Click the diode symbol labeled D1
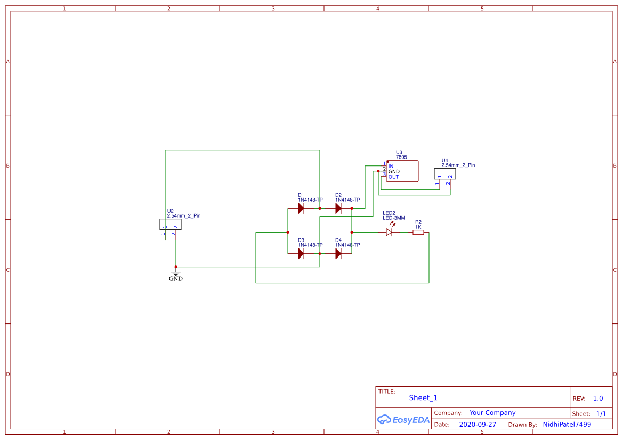pos(301,209)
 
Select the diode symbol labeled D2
pos(338,209)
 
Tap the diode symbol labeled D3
pos(301,254)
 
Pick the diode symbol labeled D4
pos(338,254)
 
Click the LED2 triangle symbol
pos(389,232)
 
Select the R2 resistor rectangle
pos(418,232)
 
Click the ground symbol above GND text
pos(175,272)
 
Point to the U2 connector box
pos(171,225)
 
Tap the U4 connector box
pos(445,173)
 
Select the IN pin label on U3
pos(391,167)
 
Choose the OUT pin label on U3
pos(393,177)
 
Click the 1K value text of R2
pos(418,227)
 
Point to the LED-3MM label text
pos(394,218)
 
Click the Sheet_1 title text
pos(423,398)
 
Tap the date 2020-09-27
pos(478,425)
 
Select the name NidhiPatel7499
pos(567,425)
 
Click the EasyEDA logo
pos(403,420)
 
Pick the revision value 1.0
pos(598,399)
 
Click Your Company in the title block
pos(492,413)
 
